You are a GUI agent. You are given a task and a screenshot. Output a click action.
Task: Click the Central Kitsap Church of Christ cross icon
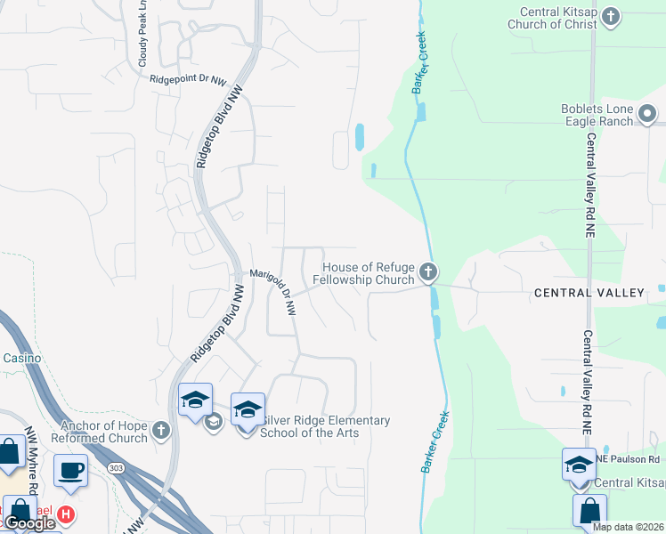point(611,16)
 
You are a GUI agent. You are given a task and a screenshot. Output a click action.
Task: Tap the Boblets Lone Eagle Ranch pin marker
point(647,114)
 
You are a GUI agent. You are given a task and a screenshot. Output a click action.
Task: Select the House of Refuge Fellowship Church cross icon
point(428,272)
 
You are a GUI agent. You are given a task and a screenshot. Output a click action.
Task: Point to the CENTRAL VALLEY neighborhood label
point(589,293)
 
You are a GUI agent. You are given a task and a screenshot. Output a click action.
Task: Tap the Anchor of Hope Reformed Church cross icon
point(160,431)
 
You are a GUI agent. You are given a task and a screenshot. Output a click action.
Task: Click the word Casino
point(15,358)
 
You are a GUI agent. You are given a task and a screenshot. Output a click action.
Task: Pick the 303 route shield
point(114,466)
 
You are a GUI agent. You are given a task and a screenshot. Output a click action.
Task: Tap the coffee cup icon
point(71,469)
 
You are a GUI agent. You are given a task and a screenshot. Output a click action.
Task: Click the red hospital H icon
point(65,514)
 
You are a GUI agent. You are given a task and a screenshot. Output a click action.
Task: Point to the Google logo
point(30,523)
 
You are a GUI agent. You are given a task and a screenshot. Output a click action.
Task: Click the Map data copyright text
point(629,527)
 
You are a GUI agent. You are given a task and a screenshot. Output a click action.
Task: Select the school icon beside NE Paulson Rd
point(578,465)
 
